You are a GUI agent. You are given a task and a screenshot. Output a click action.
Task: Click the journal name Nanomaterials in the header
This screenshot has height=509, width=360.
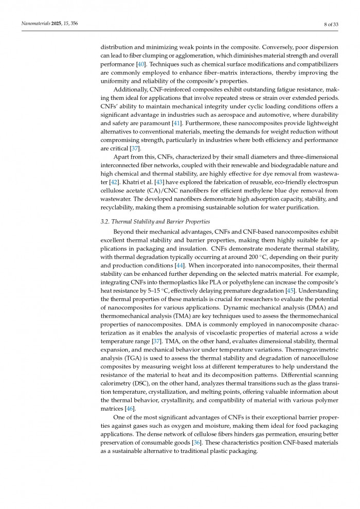pos(35,24)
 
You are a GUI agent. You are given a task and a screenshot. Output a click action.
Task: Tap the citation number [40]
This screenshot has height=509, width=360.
pos(140,64)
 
